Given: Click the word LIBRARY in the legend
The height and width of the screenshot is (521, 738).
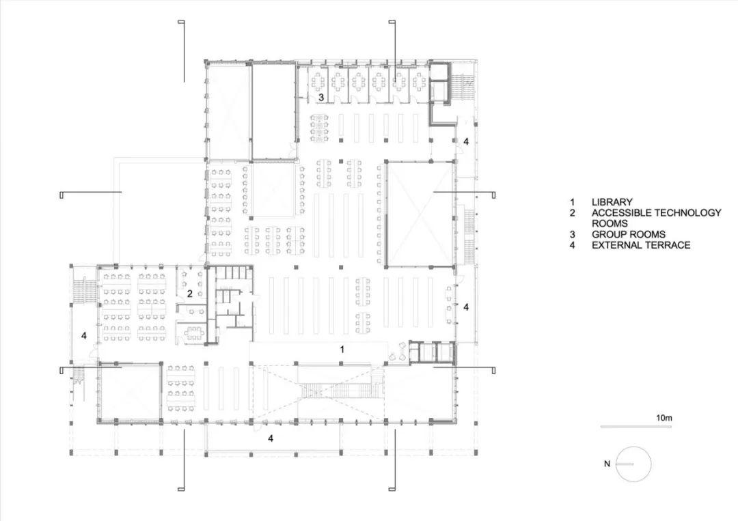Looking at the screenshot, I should (612, 202).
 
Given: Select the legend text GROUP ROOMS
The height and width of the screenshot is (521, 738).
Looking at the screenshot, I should (628, 234).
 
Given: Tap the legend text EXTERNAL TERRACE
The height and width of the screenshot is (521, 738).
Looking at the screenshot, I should (641, 244).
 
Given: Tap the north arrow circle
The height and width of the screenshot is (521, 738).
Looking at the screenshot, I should (633, 464).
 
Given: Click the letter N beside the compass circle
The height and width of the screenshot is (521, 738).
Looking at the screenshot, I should (606, 464).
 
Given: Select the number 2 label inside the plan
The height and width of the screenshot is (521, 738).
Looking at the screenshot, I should (190, 294).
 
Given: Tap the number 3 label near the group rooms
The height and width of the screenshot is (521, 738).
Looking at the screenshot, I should (320, 98).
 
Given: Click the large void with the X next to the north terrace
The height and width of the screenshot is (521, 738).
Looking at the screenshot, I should (420, 213).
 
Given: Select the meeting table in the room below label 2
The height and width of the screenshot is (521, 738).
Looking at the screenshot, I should (194, 333).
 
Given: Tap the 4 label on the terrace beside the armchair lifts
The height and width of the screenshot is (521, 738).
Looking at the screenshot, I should (466, 307).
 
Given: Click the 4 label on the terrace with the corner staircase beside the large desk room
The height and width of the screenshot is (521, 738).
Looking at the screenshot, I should (84, 335).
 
